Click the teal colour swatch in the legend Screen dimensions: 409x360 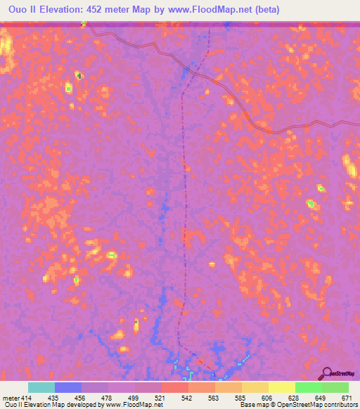[x=41, y=387]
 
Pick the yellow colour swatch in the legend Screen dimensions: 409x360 [x=281, y=387]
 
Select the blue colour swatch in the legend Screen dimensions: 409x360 [x=68, y=387]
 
